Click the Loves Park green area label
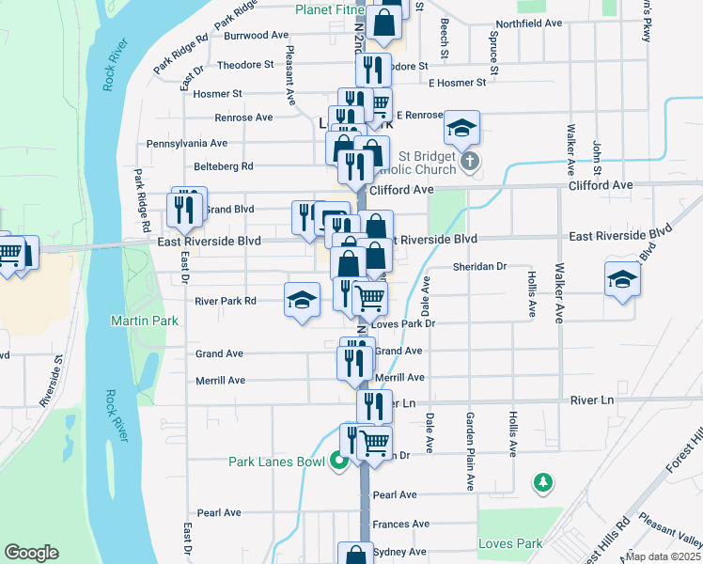[x=510, y=543]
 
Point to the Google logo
[x=31, y=553]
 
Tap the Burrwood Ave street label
[x=257, y=36]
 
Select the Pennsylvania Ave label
[x=187, y=144]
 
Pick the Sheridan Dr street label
[x=479, y=267]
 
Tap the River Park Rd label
[x=226, y=302]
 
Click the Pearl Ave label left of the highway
[x=220, y=513]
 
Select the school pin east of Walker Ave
[x=621, y=280]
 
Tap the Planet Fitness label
[x=328, y=10]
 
